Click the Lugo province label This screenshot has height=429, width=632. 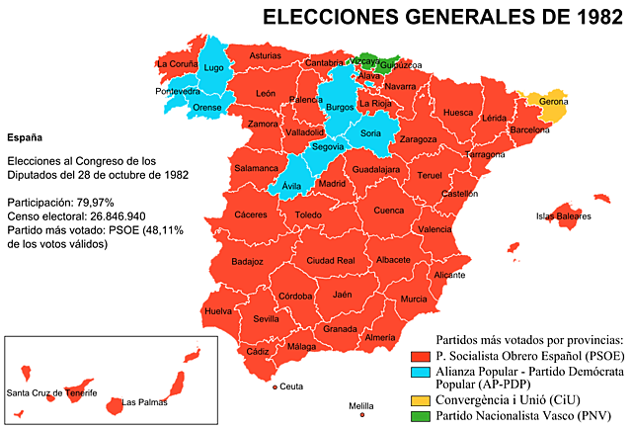pos(213,68)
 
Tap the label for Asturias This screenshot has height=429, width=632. pos(265,56)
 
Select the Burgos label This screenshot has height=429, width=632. pos(340,107)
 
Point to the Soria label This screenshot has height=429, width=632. pos(371,133)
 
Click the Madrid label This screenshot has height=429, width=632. pos(332,184)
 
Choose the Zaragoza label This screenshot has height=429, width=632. pos(418,139)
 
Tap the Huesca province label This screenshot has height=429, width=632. pos(458,113)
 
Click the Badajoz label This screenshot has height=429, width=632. pos(247,262)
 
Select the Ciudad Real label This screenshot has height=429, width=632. pos(331,261)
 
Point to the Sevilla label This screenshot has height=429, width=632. pos(266,319)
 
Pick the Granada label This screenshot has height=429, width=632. pos(340,328)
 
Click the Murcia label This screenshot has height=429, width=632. pos(414,299)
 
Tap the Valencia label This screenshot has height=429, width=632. pos(434,229)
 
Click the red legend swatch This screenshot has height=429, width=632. pos(421,357)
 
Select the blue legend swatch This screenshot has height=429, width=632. pos(421,373)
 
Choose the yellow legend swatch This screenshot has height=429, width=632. pos(421,401)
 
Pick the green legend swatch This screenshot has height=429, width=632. pos(421,416)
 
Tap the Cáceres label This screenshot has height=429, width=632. pos(251,214)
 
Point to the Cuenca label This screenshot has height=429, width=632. pos(389,210)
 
